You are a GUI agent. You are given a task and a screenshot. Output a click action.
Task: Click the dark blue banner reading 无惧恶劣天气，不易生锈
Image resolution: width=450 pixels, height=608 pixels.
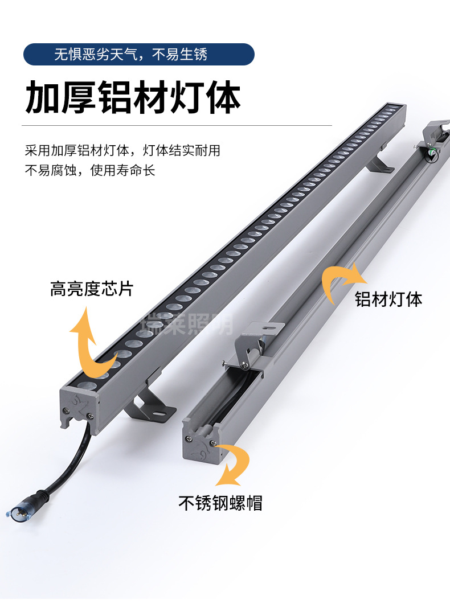click(x=138, y=55)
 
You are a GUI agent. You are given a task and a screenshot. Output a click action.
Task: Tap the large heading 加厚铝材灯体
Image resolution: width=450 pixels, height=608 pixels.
click(x=133, y=97)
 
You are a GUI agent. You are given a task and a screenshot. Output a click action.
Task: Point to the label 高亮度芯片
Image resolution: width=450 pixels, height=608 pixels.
click(x=91, y=289)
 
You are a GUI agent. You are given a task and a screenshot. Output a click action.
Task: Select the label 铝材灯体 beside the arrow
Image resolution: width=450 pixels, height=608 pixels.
click(x=389, y=299)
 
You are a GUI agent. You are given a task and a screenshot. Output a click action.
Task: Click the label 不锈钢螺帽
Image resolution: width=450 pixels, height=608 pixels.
click(x=220, y=503)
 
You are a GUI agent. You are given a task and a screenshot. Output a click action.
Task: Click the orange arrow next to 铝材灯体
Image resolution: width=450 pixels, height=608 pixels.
click(x=341, y=282)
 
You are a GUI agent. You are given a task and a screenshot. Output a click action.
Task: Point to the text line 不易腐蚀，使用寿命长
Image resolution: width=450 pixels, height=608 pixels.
click(x=90, y=170)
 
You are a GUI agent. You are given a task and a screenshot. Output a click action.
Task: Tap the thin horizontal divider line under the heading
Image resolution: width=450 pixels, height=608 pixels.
click(x=177, y=125)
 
